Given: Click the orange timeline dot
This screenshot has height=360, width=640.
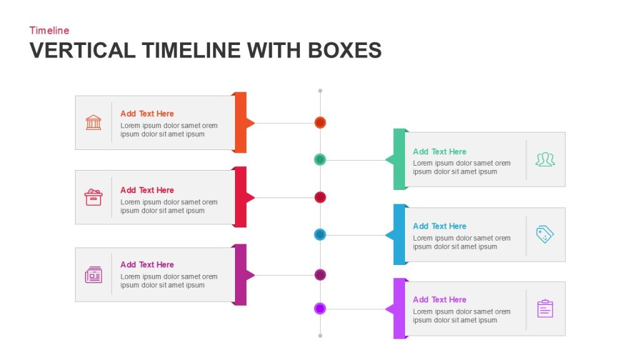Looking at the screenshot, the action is click(320, 122).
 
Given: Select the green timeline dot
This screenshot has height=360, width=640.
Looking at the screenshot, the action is click(320, 159).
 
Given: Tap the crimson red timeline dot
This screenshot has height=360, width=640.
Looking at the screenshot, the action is click(320, 197).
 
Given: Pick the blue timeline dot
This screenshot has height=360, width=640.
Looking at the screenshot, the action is click(320, 235).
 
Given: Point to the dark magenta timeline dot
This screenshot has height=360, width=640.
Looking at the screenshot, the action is click(320, 275).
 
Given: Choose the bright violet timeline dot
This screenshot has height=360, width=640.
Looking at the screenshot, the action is click(320, 309).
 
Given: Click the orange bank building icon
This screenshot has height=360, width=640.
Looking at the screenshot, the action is click(94, 122).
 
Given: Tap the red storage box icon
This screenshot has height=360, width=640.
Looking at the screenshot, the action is click(94, 197).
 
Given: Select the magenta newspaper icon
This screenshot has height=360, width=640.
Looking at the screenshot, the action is click(94, 275).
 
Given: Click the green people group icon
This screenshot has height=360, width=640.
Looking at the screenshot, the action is click(545, 159).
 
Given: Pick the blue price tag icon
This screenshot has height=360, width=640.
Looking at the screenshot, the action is click(545, 234).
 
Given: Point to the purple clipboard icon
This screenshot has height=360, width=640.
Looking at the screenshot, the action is click(545, 309).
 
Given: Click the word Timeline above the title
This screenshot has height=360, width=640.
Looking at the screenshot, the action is click(49, 30).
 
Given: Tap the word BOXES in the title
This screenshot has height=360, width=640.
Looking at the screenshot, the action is click(344, 50).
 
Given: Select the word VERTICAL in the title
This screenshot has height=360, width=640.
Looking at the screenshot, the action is click(82, 50).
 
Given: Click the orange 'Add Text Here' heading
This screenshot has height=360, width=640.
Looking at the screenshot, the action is click(147, 114).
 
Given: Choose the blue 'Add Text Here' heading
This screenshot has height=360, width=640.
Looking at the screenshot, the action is click(439, 226).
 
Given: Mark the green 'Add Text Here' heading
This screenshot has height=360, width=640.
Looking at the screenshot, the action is click(439, 151).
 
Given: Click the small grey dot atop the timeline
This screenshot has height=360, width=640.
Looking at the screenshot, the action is click(320, 91).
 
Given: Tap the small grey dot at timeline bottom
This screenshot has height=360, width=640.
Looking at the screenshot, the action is click(320, 336).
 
